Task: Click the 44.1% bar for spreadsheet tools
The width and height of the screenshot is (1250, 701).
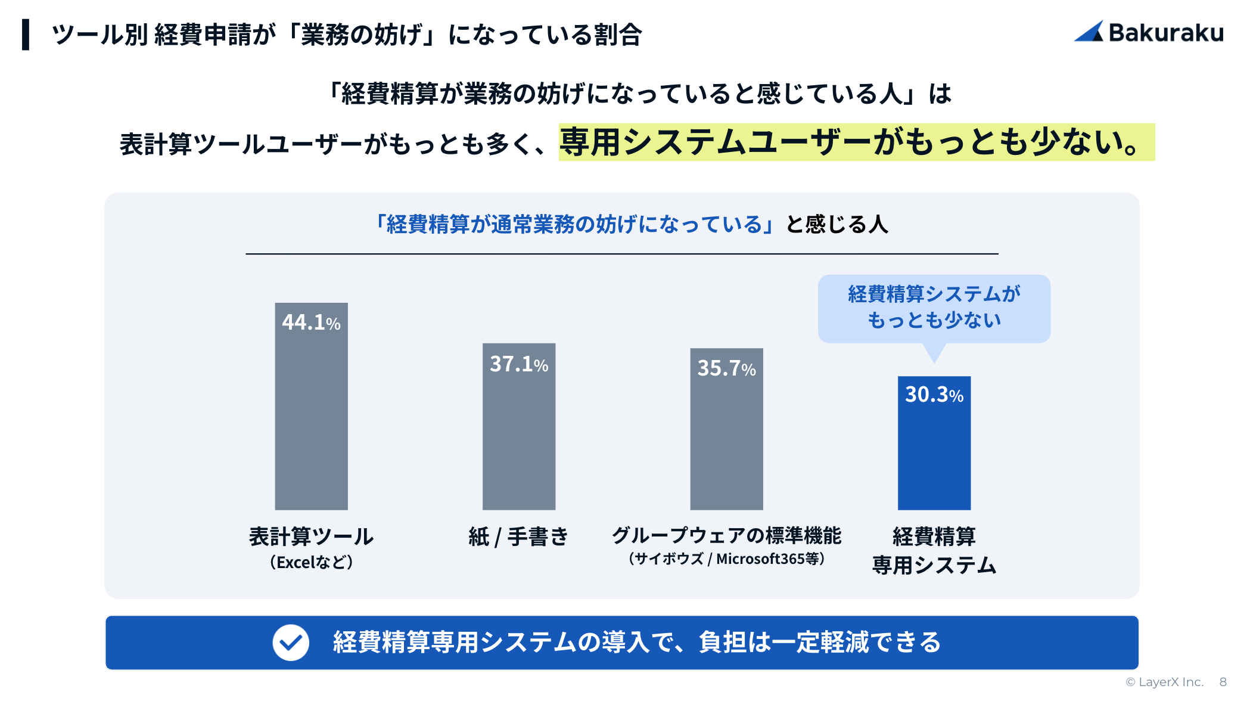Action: coord(311,417)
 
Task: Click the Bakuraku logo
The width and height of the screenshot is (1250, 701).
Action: coord(1148,32)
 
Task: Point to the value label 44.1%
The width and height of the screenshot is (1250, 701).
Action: coord(311,322)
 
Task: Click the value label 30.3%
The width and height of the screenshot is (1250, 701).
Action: coord(934,395)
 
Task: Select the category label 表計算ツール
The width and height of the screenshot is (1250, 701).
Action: coord(311,536)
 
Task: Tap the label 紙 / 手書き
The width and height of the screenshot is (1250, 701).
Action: coord(518,536)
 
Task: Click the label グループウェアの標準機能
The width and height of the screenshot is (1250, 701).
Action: coord(726,535)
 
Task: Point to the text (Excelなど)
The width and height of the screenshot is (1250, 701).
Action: coord(311,562)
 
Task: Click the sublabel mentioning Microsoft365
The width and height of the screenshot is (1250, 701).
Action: coord(726,559)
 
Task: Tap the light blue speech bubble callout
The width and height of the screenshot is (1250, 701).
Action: coord(934,308)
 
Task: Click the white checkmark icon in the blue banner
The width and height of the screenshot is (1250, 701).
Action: coord(291,643)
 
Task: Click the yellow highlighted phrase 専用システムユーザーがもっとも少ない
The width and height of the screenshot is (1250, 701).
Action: coord(856,142)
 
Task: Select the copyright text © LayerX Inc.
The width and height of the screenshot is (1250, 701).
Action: coord(1164,682)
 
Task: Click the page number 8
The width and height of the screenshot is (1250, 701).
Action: coord(1223,682)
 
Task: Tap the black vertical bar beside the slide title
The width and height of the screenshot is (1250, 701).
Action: coord(26,35)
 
